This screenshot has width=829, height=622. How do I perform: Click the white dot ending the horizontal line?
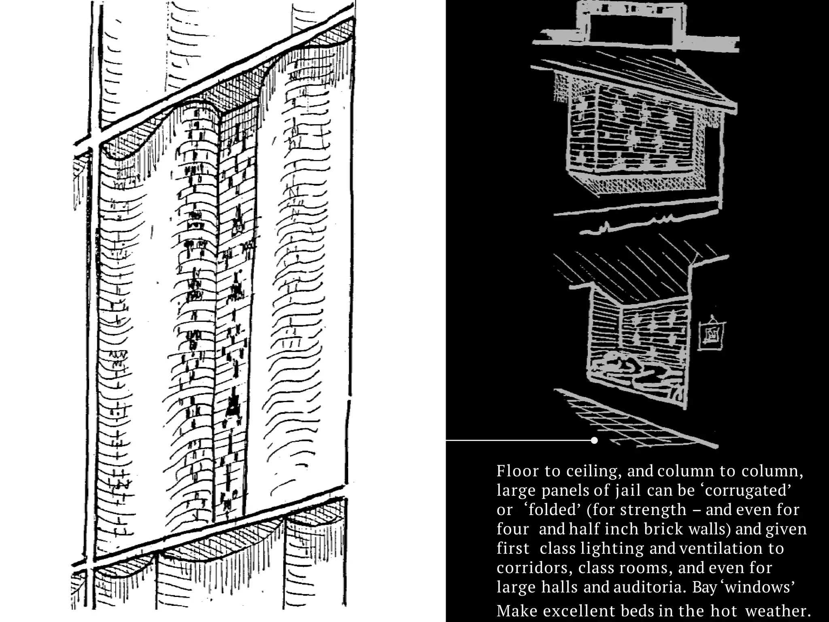[594, 440]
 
